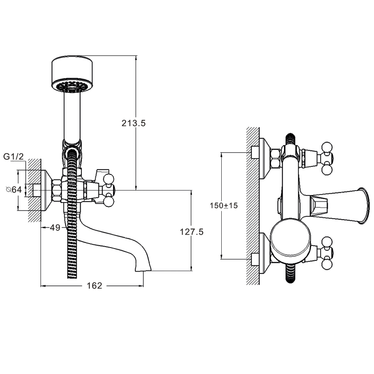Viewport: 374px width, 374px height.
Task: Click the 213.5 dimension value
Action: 133,123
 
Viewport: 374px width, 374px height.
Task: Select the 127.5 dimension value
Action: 191,232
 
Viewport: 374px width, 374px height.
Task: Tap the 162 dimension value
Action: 94,285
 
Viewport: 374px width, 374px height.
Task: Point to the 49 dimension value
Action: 55,228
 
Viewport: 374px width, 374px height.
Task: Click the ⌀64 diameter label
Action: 14,190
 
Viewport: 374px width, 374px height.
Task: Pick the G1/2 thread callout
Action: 14,157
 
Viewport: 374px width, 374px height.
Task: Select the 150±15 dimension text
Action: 224,205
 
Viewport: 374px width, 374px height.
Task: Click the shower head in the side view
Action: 72,74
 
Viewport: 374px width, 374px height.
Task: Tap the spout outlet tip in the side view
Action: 143,270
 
